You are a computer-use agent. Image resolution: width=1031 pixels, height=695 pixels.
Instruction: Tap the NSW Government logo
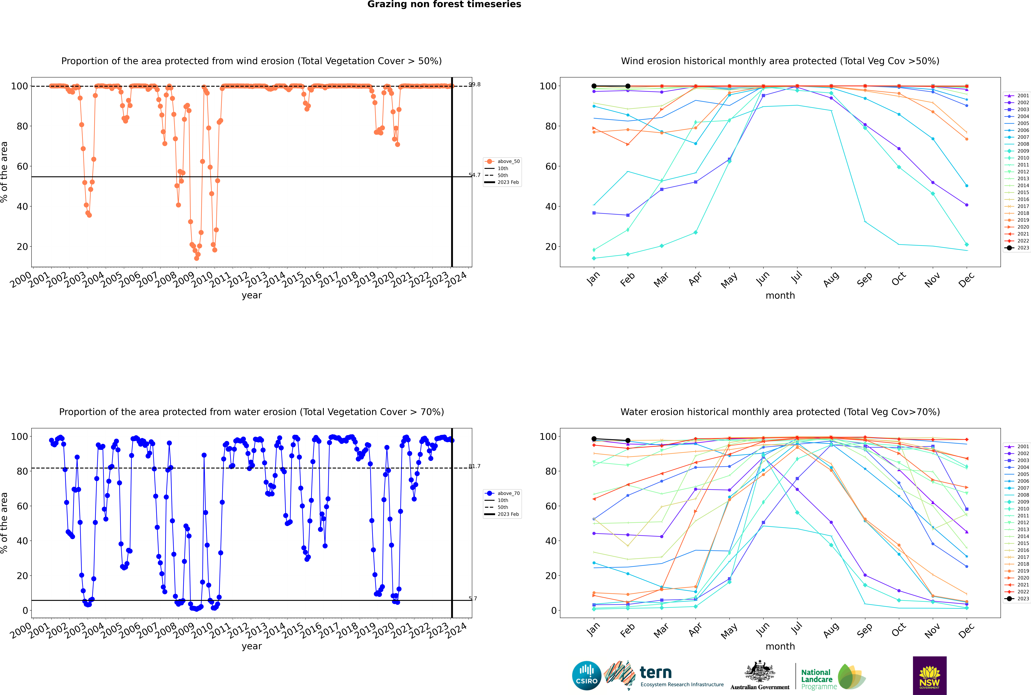point(929,676)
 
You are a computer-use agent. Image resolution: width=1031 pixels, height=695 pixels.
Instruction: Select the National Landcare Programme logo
point(832,677)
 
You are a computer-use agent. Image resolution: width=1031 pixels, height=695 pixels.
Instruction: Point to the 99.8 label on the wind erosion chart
point(474,84)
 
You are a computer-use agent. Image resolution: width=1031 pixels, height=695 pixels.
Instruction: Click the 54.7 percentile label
point(474,175)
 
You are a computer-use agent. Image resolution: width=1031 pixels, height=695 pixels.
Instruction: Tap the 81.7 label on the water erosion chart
point(474,466)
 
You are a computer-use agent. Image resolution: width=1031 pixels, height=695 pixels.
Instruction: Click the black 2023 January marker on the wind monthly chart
point(594,86)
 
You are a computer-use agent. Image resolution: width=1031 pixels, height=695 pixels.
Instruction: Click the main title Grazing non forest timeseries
point(444,4)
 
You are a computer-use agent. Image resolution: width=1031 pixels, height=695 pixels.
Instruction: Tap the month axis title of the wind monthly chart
point(780,296)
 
